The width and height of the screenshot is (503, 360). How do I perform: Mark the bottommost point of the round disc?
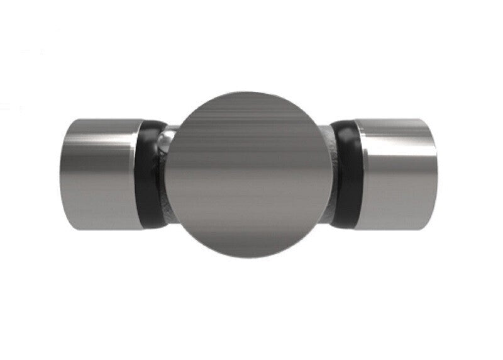pyautogui.click(x=250, y=258)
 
